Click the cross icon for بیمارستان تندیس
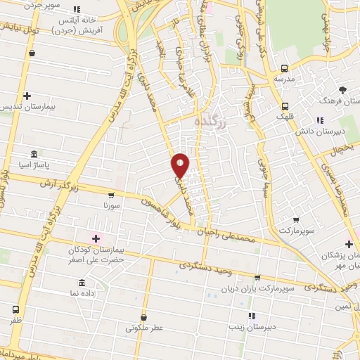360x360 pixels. tap(27, 96)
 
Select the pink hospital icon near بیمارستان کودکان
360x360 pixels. tap(96, 238)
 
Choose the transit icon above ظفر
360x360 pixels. tap(15, 309)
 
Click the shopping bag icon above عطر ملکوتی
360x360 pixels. tap(144, 317)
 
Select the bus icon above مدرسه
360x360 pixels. tap(284, 69)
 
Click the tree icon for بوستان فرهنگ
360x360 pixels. tap(342, 89)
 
